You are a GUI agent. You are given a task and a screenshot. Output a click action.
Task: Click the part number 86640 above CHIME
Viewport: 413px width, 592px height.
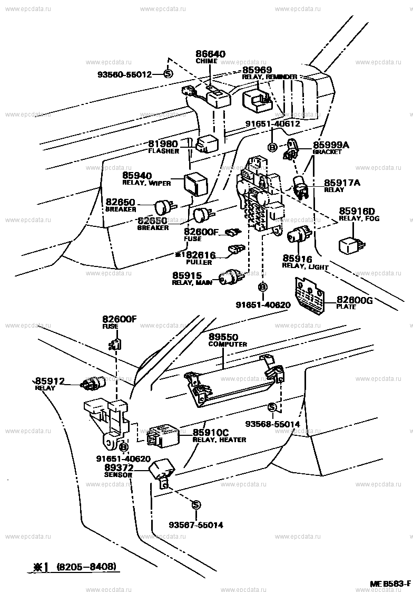(x=210, y=54)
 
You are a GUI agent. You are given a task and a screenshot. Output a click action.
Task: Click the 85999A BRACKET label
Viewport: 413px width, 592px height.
(x=331, y=147)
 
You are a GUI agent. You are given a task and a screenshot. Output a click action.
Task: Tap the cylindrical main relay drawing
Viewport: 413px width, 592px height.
(x=232, y=278)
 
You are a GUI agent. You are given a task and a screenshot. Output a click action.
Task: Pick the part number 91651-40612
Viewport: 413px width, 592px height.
(x=272, y=124)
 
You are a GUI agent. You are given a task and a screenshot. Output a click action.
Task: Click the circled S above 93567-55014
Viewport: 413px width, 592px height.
(x=195, y=505)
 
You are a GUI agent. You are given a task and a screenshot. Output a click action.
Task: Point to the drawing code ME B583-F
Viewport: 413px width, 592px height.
(x=389, y=584)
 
